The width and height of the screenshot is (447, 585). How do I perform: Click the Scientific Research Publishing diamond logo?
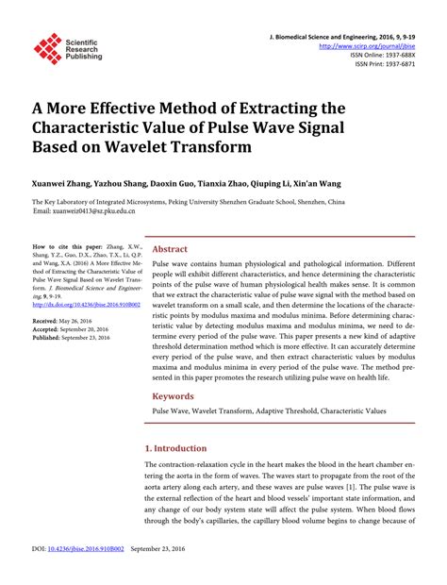click(x=47, y=48)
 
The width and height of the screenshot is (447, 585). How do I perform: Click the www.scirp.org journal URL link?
click(x=366, y=44)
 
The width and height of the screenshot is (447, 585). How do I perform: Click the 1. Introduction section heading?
click(x=181, y=448)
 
